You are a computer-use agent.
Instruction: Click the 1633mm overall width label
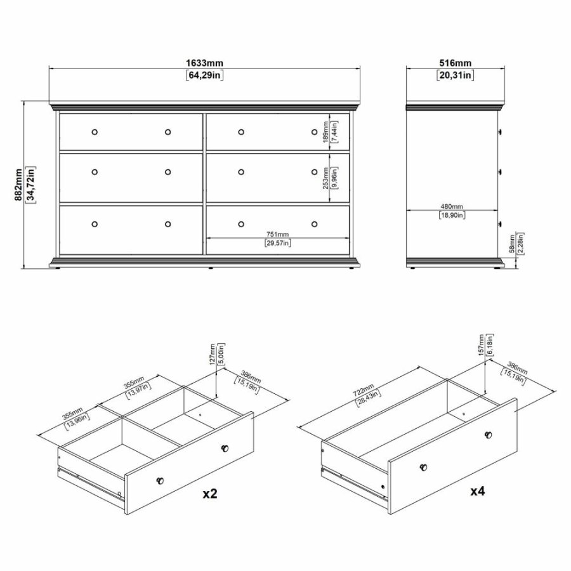204,63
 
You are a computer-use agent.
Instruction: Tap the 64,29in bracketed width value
204,75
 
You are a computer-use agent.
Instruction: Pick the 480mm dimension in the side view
451,207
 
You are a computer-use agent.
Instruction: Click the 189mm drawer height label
325,131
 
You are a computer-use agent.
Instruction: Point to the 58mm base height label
511,244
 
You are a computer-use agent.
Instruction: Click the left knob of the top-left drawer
95,132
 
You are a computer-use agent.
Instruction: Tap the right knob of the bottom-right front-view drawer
315,223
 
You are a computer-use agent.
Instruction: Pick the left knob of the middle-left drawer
95,171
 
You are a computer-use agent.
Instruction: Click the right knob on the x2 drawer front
224,449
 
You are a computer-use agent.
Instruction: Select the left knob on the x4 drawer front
423,468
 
